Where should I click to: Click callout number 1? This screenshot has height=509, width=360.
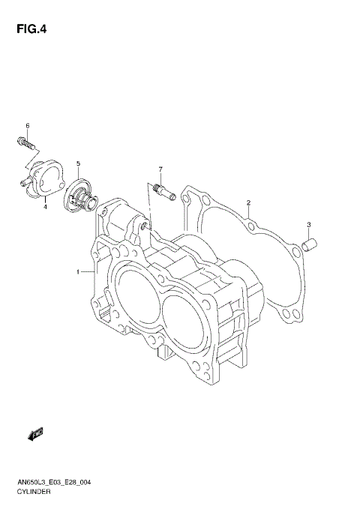(x=77, y=272)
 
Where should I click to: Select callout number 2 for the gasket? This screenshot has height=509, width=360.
(x=248, y=202)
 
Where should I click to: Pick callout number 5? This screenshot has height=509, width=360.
(x=78, y=163)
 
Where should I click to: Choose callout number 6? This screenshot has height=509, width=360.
(x=27, y=125)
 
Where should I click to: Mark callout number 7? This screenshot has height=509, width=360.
(x=160, y=169)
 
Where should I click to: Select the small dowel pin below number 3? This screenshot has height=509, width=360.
(x=310, y=244)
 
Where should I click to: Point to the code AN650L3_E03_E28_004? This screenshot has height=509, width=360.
(x=55, y=484)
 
